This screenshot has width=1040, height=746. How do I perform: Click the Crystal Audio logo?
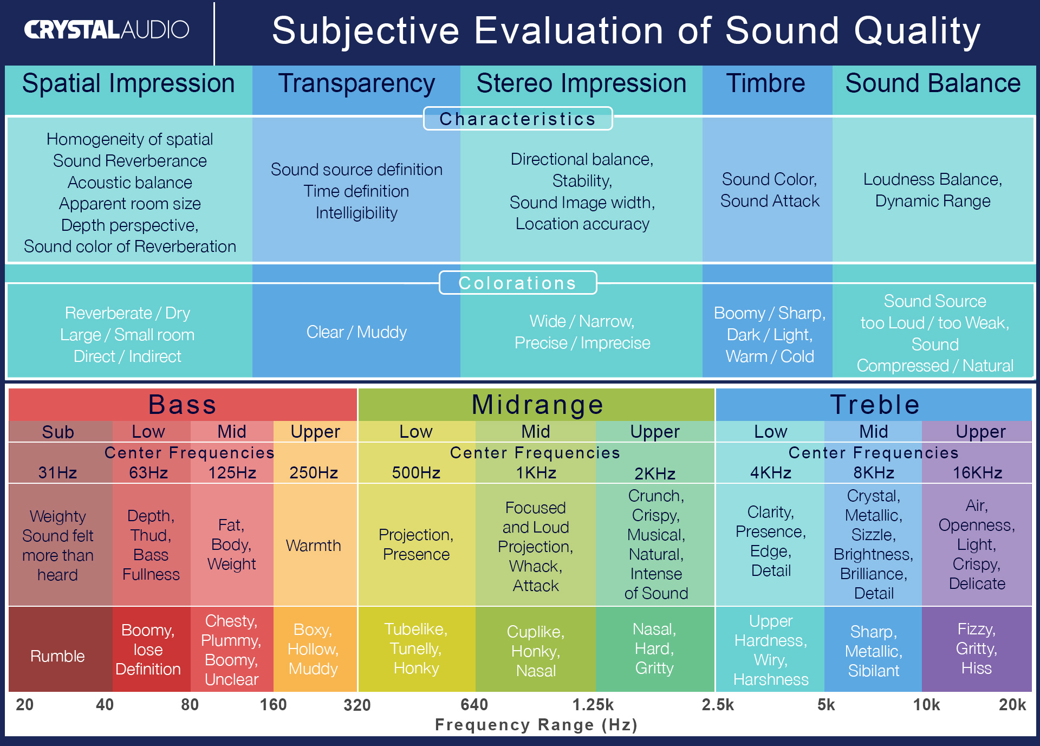[107, 30]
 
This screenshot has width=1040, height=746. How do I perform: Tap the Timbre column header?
[765, 84]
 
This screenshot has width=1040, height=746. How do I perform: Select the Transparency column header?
[356, 84]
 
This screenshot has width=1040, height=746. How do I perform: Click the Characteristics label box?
[517, 119]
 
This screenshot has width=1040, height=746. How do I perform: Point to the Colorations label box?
[517, 283]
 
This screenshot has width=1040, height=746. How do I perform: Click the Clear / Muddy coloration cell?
[356, 332]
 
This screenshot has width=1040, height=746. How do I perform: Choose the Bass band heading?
[183, 405]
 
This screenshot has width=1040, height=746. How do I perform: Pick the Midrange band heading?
[537, 405]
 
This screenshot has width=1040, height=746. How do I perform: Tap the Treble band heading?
[874, 405]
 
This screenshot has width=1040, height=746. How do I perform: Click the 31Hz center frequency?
[57, 473]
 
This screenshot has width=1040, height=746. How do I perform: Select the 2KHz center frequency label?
[655, 473]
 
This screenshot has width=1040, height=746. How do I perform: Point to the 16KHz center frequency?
[977, 473]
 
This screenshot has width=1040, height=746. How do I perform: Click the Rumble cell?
[57, 656]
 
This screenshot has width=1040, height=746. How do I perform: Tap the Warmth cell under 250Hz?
[314, 545]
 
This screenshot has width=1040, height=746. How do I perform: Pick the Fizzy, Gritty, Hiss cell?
[977, 648]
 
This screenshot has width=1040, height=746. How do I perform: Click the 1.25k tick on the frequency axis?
[593, 705]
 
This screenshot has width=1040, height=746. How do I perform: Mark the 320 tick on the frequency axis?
[357, 705]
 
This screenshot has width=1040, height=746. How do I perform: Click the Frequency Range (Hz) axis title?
[536, 725]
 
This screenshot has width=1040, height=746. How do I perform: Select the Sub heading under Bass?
[58, 432]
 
